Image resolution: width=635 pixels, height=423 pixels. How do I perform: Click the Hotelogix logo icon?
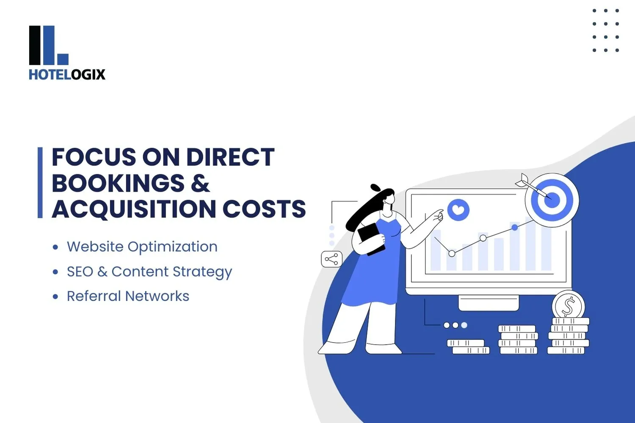click(x=48, y=45)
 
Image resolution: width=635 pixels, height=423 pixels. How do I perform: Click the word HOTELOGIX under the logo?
click(x=67, y=74)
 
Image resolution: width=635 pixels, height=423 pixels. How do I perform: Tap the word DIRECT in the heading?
click(x=230, y=157)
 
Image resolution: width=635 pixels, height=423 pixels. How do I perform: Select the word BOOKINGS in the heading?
click(x=118, y=184)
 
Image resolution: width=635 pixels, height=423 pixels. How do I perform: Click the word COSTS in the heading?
click(x=264, y=209)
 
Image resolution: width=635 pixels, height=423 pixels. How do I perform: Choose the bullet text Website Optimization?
click(x=142, y=247)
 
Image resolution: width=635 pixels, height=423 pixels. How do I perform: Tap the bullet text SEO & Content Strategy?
click(x=149, y=272)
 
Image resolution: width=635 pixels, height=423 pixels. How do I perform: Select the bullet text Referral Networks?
click(x=128, y=296)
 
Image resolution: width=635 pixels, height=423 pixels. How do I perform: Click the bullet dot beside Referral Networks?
click(x=55, y=297)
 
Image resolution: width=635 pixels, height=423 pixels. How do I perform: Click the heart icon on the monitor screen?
click(x=458, y=209)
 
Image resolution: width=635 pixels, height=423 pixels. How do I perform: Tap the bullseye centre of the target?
click(x=552, y=199)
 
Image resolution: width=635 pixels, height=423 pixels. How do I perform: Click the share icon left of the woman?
click(x=331, y=259)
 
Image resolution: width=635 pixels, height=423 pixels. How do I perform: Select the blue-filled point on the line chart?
click(x=515, y=228)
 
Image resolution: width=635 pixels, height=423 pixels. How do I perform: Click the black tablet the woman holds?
click(x=371, y=238)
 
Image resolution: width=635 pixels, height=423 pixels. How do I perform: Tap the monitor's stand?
click(x=488, y=302)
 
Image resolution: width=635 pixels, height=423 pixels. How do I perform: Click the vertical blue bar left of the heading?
click(x=40, y=182)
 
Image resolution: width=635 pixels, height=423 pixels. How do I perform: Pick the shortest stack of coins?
click(x=468, y=346)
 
